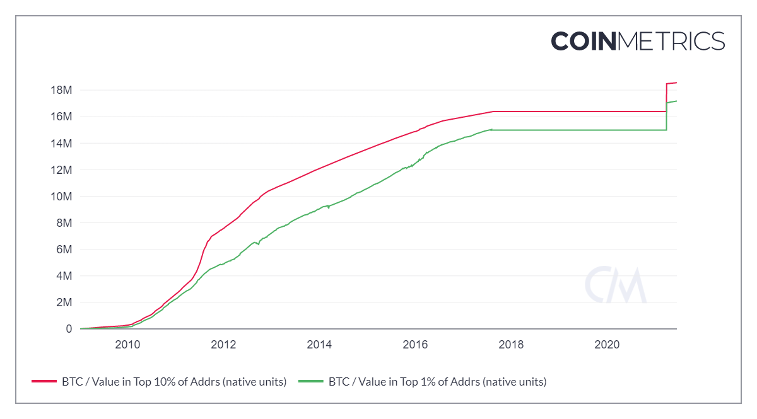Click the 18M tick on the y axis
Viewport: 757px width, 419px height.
(61, 90)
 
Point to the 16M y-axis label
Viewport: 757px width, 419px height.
(61, 117)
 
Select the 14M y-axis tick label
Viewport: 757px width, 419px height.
(61, 143)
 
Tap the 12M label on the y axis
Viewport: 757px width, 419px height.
(61, 170)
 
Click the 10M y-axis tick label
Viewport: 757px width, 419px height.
(61, 197)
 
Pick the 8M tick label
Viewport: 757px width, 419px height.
(64, 223)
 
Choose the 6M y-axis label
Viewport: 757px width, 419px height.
(64, 250)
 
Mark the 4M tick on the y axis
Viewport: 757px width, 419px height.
(64, 276)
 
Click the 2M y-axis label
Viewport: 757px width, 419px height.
(64, 302)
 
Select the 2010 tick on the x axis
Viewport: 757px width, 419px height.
(127, 345)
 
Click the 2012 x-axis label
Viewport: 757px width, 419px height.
(223, 345)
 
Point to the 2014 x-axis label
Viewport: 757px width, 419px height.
(319, 345)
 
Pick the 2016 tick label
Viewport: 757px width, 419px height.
(415, 345)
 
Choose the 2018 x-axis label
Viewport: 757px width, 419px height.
(511, 345)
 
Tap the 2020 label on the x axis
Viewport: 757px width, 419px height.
(607, 345)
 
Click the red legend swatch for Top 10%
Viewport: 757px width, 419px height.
(44, 382)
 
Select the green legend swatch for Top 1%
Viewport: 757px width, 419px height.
(311, 382)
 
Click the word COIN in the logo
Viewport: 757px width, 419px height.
(584, 41)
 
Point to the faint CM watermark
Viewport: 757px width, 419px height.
(616, 285)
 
